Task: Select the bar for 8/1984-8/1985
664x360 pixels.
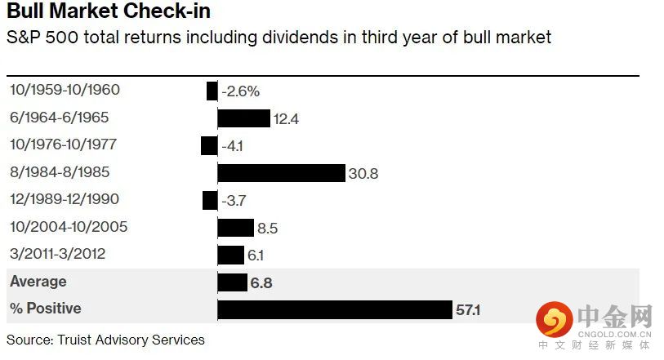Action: [281, 173]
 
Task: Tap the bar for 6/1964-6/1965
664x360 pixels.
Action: [243, 118]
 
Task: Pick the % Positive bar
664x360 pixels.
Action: [334, 309]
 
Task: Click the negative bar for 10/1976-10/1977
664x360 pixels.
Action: [209, 145]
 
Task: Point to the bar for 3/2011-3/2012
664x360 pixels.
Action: [230, 255]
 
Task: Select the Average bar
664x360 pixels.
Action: [232, 282]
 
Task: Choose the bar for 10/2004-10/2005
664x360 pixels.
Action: [235, 228]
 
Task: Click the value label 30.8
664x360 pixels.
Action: [363, 174]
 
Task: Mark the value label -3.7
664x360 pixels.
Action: [234, 201]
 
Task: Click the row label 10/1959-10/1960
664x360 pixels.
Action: [65, 91]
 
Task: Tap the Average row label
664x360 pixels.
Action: [38, 282]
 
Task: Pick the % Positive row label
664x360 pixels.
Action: [46, 309]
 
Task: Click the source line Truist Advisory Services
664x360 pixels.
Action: [105, 339]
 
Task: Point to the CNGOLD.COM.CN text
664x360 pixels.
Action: [614, 332]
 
